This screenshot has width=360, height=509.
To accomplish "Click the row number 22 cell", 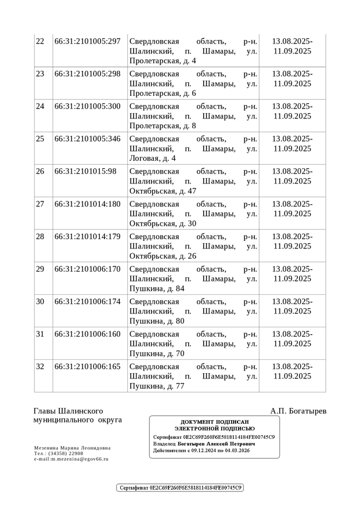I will click(40, 42).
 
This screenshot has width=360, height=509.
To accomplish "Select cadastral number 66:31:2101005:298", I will click(87, 74).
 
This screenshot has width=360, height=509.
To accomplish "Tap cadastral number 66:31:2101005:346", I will click(87, 139).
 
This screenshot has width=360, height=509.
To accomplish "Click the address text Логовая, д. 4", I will click(152, 158).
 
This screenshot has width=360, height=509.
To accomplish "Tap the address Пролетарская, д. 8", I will click(163, 126).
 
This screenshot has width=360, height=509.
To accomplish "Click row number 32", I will click(40, 367).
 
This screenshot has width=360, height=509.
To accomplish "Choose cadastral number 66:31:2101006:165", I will click(87, 367).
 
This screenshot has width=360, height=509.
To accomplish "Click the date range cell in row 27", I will click(292, 209).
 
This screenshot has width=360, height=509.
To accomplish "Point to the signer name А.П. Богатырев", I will click(298, 411).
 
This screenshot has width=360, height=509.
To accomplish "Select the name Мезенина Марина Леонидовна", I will click(72, 448).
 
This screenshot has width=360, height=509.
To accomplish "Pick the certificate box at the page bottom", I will click(180, 488).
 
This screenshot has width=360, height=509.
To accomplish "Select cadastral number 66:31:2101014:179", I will click(87, 237).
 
